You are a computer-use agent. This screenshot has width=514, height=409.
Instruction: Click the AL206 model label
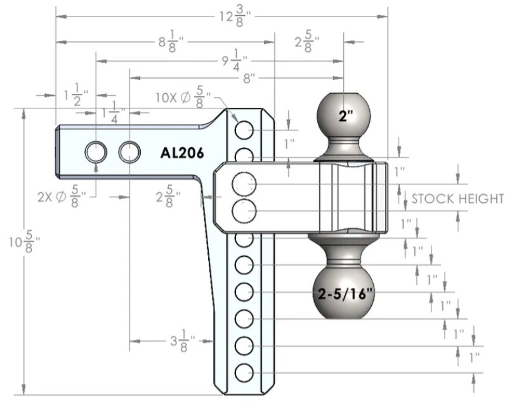pos(182,153)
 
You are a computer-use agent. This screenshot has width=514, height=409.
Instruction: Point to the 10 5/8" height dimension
pos(25,242)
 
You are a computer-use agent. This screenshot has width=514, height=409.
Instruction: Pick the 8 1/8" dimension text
pos(171,42)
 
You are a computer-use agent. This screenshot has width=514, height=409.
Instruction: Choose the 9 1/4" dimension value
pos(234,61)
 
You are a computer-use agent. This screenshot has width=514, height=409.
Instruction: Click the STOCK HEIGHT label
pos(458,198)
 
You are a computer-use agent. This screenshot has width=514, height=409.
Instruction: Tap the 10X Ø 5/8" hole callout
pos(183,97)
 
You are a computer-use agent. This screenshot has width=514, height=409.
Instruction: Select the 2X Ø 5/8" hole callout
pos(62,197)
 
